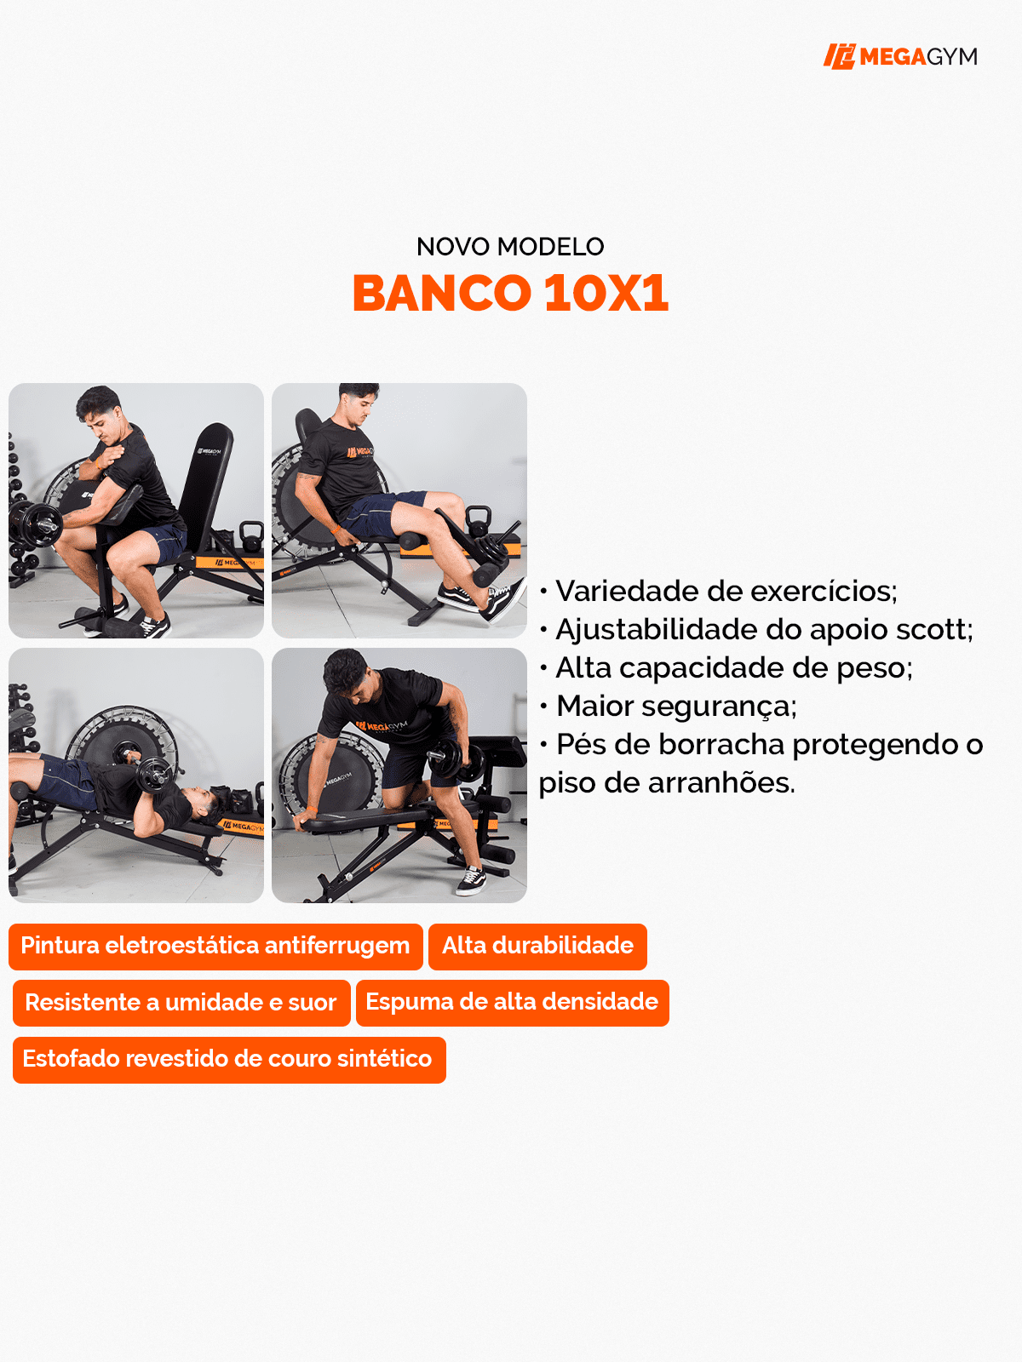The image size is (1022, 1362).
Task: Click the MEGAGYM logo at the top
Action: click(x=900, y=56)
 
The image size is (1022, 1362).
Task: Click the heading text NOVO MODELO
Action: click(x=510, y=247)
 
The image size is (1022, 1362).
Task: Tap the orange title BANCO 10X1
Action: click(x=510, y=293)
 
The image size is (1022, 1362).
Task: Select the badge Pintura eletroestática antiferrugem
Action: click(x=215, y=946)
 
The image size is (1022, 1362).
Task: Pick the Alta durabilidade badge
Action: click(x=537, y=946)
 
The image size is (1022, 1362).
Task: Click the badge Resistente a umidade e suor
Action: click(x=181, y=1003)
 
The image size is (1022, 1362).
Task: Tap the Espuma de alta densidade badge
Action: click(x=512, y=1002)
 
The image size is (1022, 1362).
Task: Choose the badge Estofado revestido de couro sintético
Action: click(x=228, y=1059)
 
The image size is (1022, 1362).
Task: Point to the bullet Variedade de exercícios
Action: click(x=726, y=591)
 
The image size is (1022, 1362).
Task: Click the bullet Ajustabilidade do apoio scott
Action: click(x=763, y=630)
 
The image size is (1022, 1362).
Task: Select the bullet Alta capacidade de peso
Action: click(x=733, y=668)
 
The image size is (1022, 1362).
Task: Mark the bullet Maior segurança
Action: click(x=675, y=707)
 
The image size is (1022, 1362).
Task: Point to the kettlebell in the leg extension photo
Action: click(x=479, y=518)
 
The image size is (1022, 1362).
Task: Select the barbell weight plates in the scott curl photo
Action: click(x=34, y=523)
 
